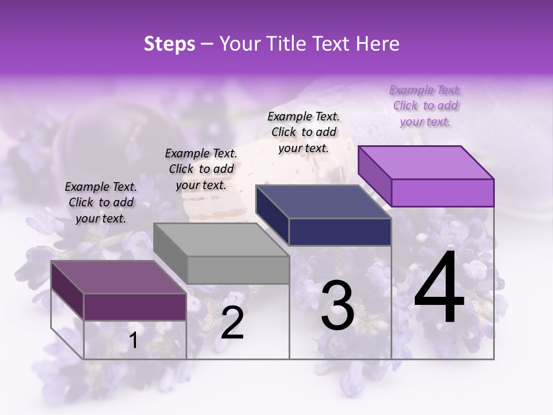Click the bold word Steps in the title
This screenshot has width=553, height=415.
pos(169,44)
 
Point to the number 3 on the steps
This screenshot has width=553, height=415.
pos(338,305)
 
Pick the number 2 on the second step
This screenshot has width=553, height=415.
pos(232,323)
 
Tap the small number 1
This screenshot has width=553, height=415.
pos(134,341)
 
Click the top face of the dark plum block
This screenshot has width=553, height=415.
pos(118,277)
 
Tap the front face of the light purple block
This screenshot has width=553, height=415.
pos(442,193)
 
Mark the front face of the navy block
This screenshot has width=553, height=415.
pos(340,232)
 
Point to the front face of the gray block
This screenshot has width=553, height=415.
pos(238,270)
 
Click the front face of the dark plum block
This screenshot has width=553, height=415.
pos(135,307)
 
